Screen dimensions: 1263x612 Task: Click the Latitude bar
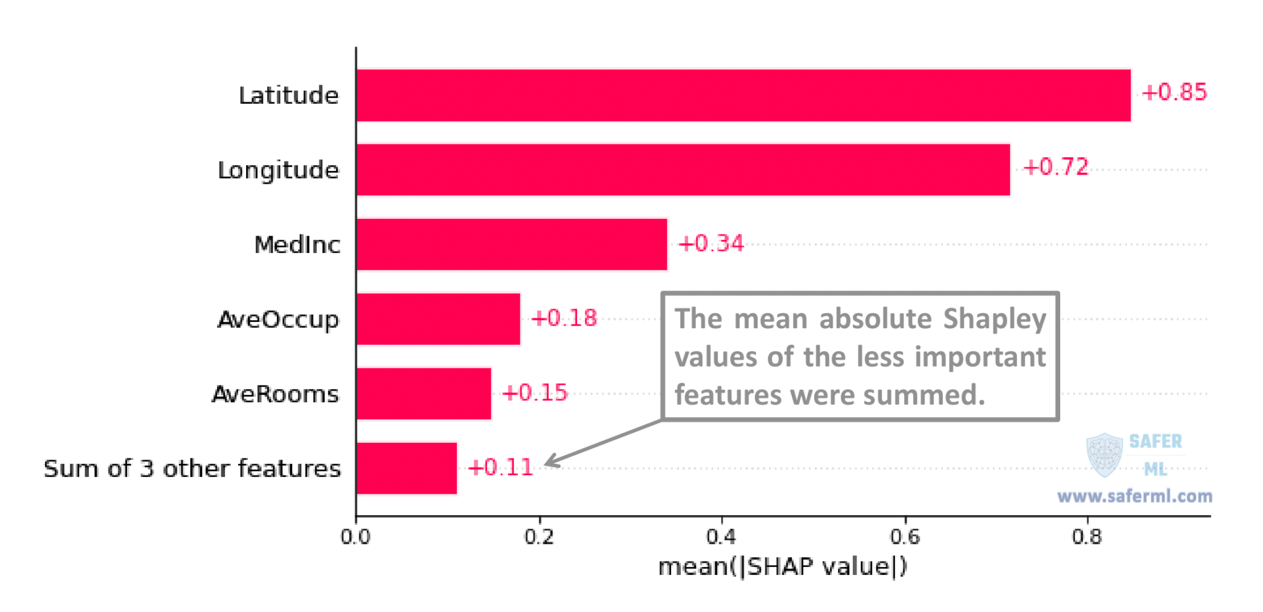point(744,95)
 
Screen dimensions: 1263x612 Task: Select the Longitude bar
point(683,170)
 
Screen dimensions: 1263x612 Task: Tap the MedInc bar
point(512,244)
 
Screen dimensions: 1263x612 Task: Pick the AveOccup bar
point(438,319)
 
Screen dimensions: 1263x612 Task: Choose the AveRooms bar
point(424,394)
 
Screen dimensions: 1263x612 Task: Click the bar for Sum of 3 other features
point(406,468)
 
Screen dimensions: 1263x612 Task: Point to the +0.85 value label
point(1174,92)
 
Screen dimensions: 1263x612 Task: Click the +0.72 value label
point(1056,167)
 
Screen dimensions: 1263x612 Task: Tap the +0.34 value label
point(711,243)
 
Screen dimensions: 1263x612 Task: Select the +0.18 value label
point(564,318)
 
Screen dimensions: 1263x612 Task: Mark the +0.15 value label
point(535,392)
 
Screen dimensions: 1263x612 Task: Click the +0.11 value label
point(500,467)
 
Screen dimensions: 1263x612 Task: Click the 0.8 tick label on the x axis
point(1087,537)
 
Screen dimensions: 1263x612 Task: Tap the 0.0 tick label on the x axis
point(356,537)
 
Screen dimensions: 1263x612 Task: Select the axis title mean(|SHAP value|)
point(783,566)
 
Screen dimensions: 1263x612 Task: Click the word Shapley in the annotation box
point(994,320)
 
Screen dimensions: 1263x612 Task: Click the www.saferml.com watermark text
point(1135,496)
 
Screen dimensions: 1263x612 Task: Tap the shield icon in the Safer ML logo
point(1105,455)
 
